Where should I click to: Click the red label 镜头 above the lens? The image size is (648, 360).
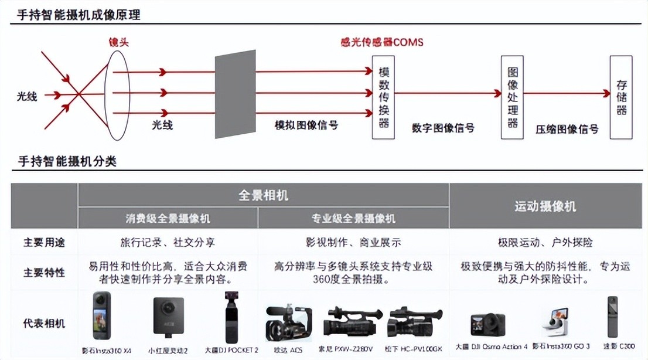(x=118, y=42)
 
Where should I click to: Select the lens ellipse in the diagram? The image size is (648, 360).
(x=117, y=92)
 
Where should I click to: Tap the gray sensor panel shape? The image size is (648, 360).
(x=235, y=94)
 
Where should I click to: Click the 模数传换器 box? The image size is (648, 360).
(x=384, y=97)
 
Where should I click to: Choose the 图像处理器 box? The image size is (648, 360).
(x=512, y=97)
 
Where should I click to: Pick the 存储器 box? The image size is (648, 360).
(x=621, y=97)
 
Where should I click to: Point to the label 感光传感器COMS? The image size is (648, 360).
(x=381, y=42)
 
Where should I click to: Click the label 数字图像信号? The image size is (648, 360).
(x=443, y=128)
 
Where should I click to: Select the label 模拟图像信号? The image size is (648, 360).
(x=306, y=125)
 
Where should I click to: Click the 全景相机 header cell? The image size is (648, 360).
(x=263, y=195)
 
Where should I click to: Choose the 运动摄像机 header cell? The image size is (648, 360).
(x=545, y=206)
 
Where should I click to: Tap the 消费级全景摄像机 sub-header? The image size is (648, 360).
(x=168, y=219)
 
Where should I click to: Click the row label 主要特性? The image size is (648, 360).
(x=44, y=273)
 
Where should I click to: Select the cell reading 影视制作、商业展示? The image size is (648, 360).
(x=353, y=242)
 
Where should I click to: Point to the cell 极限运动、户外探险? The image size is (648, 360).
(x=545, y=242)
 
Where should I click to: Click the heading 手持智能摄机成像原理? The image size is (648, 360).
(x=79, y=15)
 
